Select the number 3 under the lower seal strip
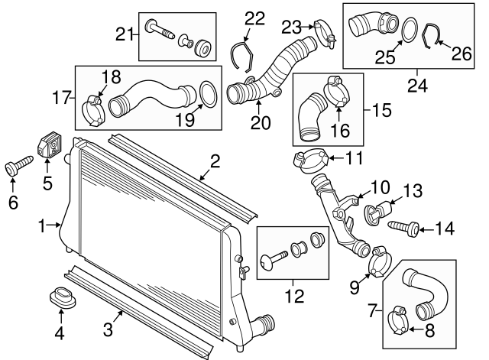click(108, 330)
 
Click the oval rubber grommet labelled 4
click(60, 299)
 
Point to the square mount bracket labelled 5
click(50, 147)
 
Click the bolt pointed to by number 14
click(403, 227)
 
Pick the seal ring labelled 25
click(409, 31)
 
